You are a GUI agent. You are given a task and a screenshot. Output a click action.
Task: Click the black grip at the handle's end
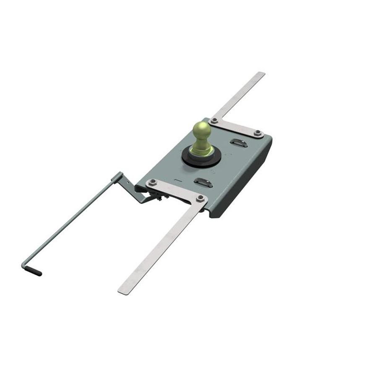(x=35, y=271)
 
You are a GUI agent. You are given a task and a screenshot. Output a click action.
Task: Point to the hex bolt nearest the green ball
(x=214, y=121)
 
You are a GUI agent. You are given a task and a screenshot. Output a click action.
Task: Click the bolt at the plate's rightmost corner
(x=258, y=134)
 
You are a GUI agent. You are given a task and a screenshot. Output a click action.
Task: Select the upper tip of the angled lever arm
(x=119, y=174)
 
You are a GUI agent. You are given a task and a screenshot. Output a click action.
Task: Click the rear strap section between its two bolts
(x=236, y=127)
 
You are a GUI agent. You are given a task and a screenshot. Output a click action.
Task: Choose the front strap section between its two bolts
(x=177, y=190)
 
